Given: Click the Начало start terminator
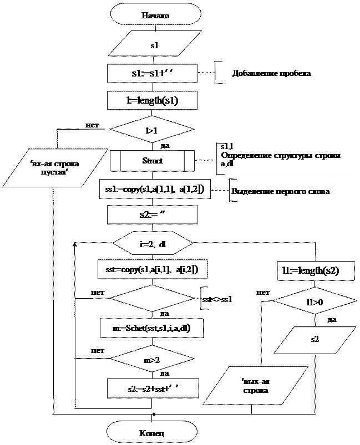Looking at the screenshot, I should [x=155, y=15].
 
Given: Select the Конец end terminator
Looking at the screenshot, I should [x=152, y=431].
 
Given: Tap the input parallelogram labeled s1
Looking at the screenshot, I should [x=155, y=45].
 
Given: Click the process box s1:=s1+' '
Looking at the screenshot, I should [x=153, y=74].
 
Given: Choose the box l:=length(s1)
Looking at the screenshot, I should [x=152, y=101].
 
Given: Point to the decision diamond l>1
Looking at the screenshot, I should [x=152, y=131].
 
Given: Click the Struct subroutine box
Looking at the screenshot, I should [x=153, y=161].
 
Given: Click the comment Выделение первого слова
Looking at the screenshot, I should [x=281, y=192].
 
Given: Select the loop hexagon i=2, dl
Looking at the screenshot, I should [x=152, y=243].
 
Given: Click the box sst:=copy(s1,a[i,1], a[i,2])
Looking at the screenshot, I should [x=152, y=269].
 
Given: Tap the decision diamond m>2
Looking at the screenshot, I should [x=152, y=360].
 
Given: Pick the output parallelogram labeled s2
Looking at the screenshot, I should [x=315, y=338].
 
